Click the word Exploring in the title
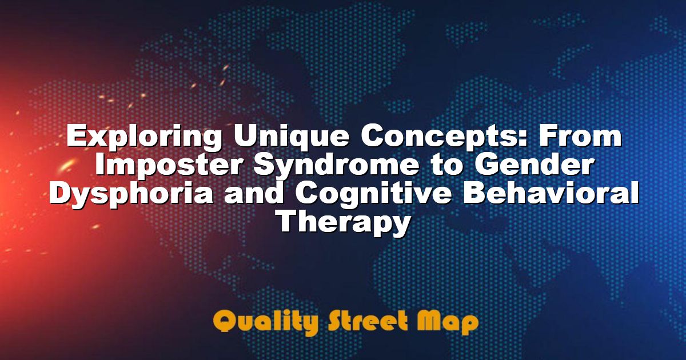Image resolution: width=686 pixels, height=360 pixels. click(x=143, y=138)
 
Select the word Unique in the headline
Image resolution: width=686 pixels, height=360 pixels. click(x=291, y=137)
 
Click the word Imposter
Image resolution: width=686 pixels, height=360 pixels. click(x=168, y=166)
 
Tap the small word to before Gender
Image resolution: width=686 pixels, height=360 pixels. click(x=447, y=166)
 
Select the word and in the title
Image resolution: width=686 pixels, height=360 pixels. click(x=253, y=193)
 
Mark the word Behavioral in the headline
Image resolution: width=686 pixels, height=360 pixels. click(x=551, y=193)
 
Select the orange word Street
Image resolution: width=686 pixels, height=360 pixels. click(x=368, y=321)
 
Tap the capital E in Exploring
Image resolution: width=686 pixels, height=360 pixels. click(x=76, y=135)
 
